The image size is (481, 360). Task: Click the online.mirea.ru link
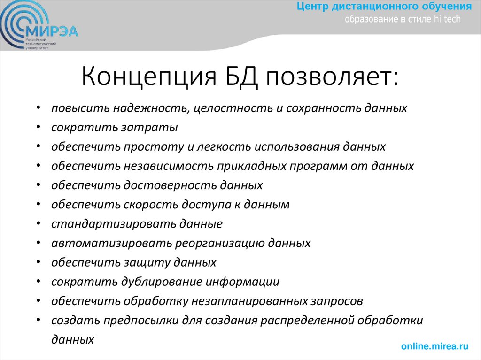click(x=435, y=346)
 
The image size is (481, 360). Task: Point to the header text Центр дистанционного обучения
click(x=384, y=7)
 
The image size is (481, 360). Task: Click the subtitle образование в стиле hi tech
click(x=403, y=19)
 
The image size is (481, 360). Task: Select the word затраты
click(x=155, y=128)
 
